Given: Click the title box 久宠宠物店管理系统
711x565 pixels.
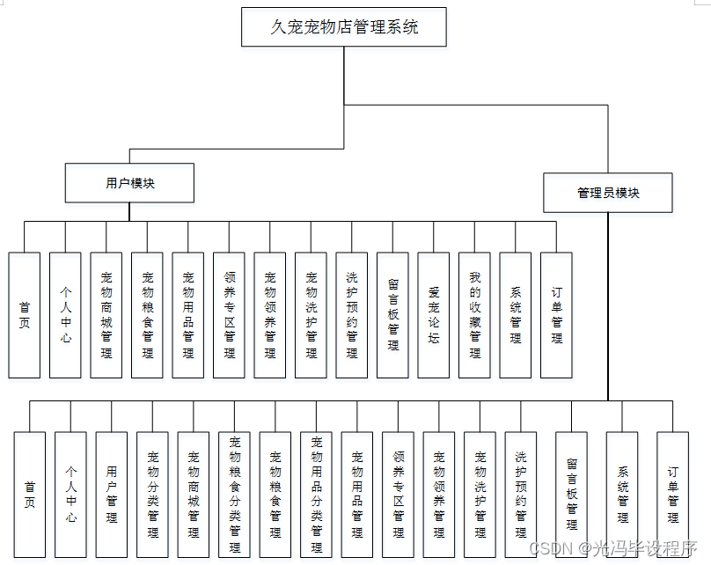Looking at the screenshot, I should point(344,27).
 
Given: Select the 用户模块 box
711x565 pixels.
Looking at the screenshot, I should point(129,183).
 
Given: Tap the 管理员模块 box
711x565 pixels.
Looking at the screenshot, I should point(608,193).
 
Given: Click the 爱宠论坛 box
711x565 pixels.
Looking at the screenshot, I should point(434,315).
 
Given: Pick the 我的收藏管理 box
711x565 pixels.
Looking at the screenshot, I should point(475,315).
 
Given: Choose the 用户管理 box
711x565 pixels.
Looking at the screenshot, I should point(112,495).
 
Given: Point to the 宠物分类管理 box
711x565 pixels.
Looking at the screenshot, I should point(152,495).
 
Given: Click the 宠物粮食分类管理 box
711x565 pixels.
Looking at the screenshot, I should point(234,495).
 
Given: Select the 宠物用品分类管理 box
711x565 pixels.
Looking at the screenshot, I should point(316,495).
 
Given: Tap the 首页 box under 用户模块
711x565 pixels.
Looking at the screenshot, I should point(25,315).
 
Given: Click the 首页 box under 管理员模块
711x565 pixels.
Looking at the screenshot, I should point(30,495).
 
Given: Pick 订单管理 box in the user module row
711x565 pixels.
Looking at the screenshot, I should point(556,315).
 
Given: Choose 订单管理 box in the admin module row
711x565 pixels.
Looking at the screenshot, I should point(672,495).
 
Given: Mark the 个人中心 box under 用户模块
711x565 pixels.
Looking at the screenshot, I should point(66,315).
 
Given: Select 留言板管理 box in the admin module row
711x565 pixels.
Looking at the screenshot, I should point(571,495).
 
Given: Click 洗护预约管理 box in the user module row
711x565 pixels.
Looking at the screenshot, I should point(352,315).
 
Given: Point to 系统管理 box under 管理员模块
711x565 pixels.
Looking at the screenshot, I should point(622,495).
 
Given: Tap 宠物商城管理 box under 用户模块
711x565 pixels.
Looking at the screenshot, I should point(106,315).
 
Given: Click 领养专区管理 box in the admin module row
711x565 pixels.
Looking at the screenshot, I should point(398,495).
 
